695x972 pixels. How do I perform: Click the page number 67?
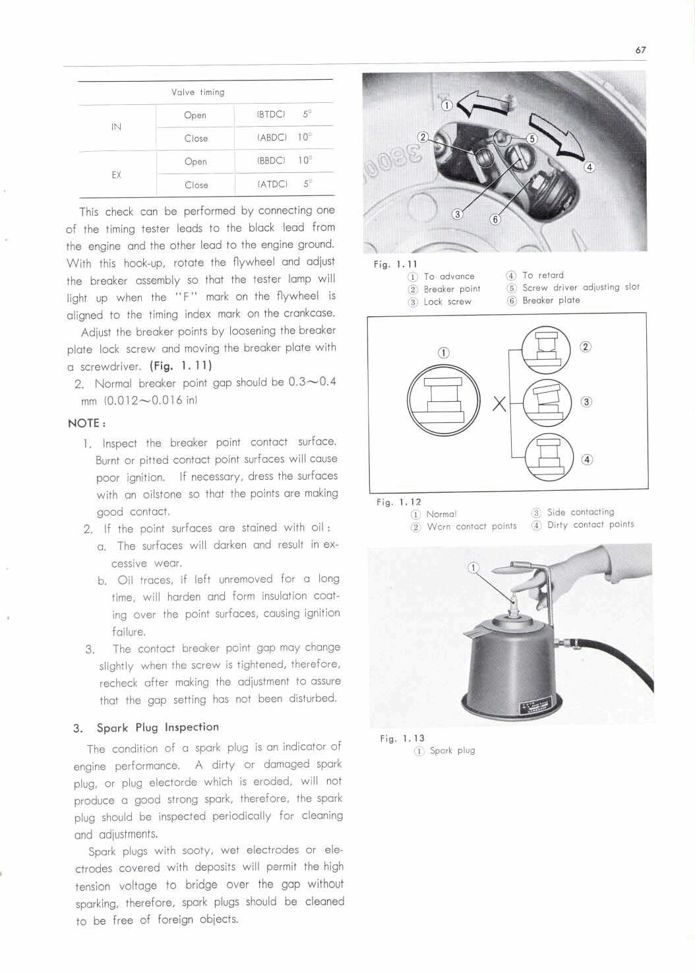coord(640,50)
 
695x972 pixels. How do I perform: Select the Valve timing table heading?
coord(198,92)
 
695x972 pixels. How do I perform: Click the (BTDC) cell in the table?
coord(270,114)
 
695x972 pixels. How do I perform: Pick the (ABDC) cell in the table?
coord(272,138)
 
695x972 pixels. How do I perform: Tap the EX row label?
coord(116,175)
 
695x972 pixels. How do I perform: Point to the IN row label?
coord(116,127)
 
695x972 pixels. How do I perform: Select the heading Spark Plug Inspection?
coord(157,727)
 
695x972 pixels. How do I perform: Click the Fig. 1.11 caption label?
coord(395,264)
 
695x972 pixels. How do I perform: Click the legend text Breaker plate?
coord(551,300)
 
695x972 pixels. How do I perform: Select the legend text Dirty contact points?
coord(590,525)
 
